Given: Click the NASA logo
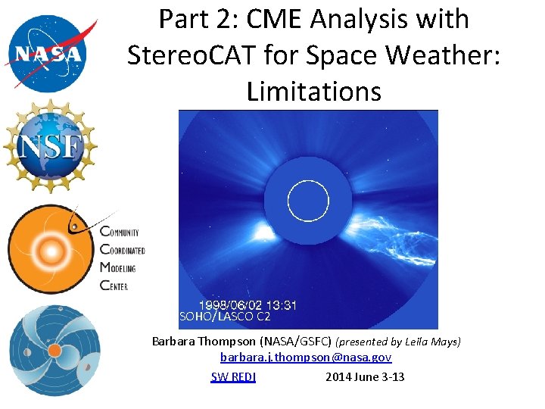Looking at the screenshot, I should tap(51, 51).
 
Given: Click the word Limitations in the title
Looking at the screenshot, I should tap(313, 91).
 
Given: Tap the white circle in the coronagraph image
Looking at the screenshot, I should tap(308, 201).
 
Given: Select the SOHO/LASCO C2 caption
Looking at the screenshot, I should tap(225, 317).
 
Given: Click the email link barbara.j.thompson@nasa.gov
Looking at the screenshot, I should tap(306, 357).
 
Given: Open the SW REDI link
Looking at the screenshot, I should tap(232, 376).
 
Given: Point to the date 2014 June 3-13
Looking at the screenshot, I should tap(365, 376).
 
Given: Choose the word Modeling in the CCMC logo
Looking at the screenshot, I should tap(118, 268).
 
